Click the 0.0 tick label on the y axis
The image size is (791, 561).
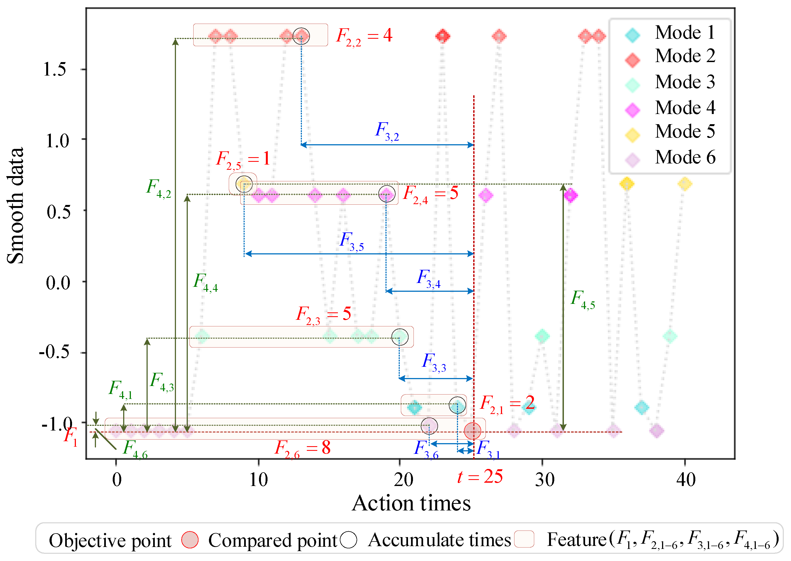pyautogui.click(x=58, y=283)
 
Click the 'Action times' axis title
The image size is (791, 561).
pyautogui.click(x=411, y=503)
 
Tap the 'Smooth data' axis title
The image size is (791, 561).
pyautogui.click(x=16, y=206)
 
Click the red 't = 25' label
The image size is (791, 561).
pyautogui.click(x=480, y=477)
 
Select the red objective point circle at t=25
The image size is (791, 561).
pyautogui.click(x=472, y=431)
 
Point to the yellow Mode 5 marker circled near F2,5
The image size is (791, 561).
pyautogui.click(x=244, y=184)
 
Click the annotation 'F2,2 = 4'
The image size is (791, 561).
pyautogui.click(x=364, y=36)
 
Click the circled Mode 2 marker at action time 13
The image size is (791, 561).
pyautogui.click(x=301, y=36)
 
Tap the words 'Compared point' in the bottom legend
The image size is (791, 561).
pyautogui.click(x=272, y=541)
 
